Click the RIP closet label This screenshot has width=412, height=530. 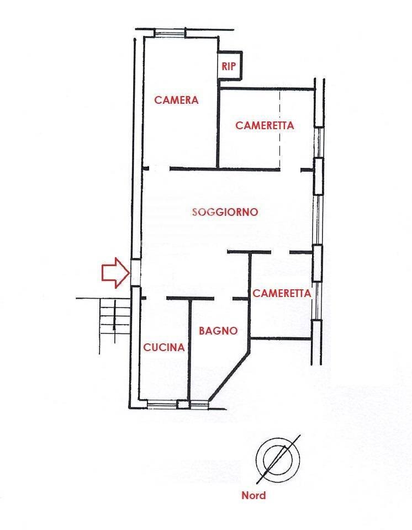(x=229, y=66)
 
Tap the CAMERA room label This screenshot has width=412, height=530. (x=176, y=100)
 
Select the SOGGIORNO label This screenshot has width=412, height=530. (x=225, y=212)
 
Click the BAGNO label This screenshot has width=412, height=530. (x=218, y=331)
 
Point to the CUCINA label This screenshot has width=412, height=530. (x=164, y=347)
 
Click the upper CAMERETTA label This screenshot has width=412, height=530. (x=265, y=125)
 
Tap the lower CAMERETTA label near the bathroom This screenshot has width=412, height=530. (x=282, y=293)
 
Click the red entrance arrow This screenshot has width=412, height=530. (x=115, y=273)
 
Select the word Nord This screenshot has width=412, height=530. (x=253, y=496)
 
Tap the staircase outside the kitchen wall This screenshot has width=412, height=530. (x=115, y=318)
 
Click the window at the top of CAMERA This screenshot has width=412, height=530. (x=170, y=33)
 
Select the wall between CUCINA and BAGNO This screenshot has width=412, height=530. (x=189, y=349)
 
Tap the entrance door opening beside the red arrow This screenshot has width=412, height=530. (x=135, y=273)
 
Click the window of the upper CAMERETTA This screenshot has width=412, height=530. (x=318, y=142)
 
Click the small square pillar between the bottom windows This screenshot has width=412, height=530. (x=184, y=404)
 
